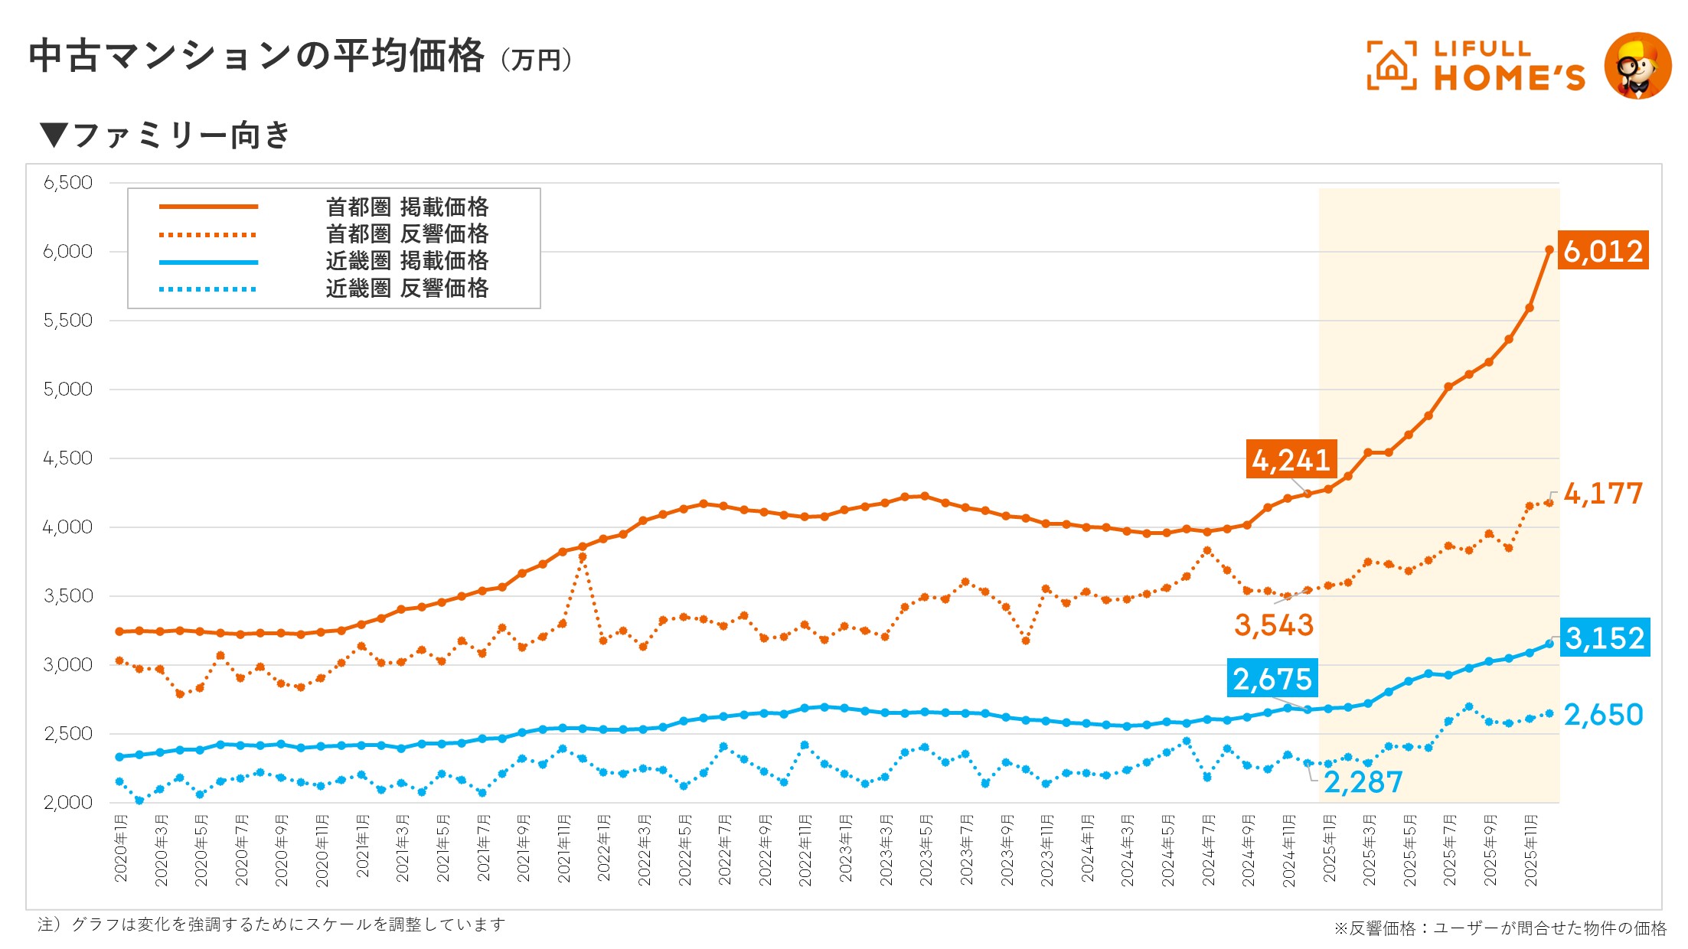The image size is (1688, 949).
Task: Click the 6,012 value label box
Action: click(x=1603, y=250)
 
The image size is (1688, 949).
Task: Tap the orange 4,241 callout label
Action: click(x=1291, y=459)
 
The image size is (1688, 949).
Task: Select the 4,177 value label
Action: click(x=1603, y=494)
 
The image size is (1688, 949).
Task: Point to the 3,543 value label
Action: click(x=1274, y=625)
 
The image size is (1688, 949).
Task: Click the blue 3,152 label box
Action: click(x=1605, y=638)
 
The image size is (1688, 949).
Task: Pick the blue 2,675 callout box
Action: click(x=1272, y=678)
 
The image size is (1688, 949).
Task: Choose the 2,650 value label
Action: click(x=1603, y=715)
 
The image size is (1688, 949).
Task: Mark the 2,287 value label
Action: click(x=1363, y=781)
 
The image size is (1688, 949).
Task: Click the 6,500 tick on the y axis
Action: click(x=68, y=183)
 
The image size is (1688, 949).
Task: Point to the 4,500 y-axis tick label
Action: click(x=68, y=458)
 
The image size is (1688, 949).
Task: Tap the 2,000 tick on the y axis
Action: click(x=68, y=803)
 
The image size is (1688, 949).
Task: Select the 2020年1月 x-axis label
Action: click(x=121, y=849)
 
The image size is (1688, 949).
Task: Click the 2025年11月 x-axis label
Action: click(x=1530, y=851)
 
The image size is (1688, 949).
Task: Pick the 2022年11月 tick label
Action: click(x=805, y=851)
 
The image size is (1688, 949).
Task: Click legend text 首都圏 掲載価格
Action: click(x=406, y=207)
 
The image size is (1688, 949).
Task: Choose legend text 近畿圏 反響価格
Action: click(x=406, y=289)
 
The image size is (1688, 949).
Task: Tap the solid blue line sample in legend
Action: click(x=208, y=263)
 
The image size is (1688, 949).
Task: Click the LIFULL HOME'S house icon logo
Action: click(x=1391, y=66)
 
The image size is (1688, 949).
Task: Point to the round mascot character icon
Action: click(x=1637, y=66)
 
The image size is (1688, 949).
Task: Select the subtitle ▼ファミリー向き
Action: click(x=165, y=135)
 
